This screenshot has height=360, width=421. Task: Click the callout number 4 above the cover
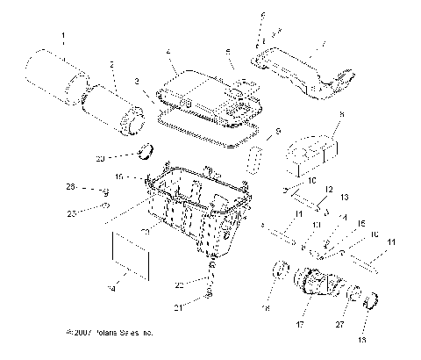click(x=168, y=54)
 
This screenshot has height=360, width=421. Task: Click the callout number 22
click(x=180, y=285)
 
